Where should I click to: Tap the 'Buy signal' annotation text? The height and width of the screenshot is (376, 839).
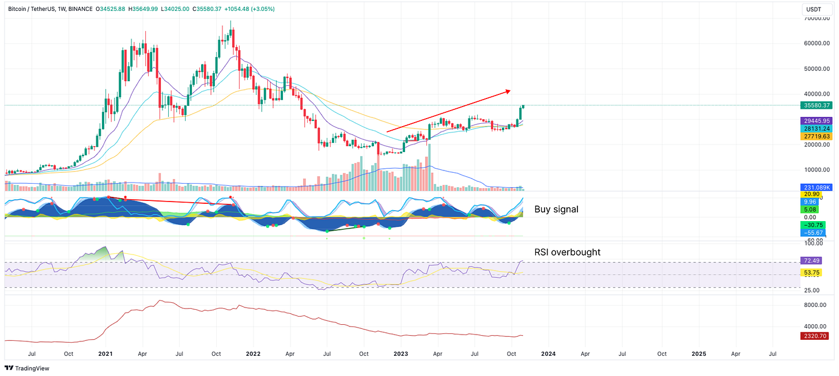tap(556, 210)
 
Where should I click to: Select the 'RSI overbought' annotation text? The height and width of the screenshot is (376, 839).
tap(567, 252)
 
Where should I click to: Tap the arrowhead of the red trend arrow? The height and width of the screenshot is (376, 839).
tap(508, 90)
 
